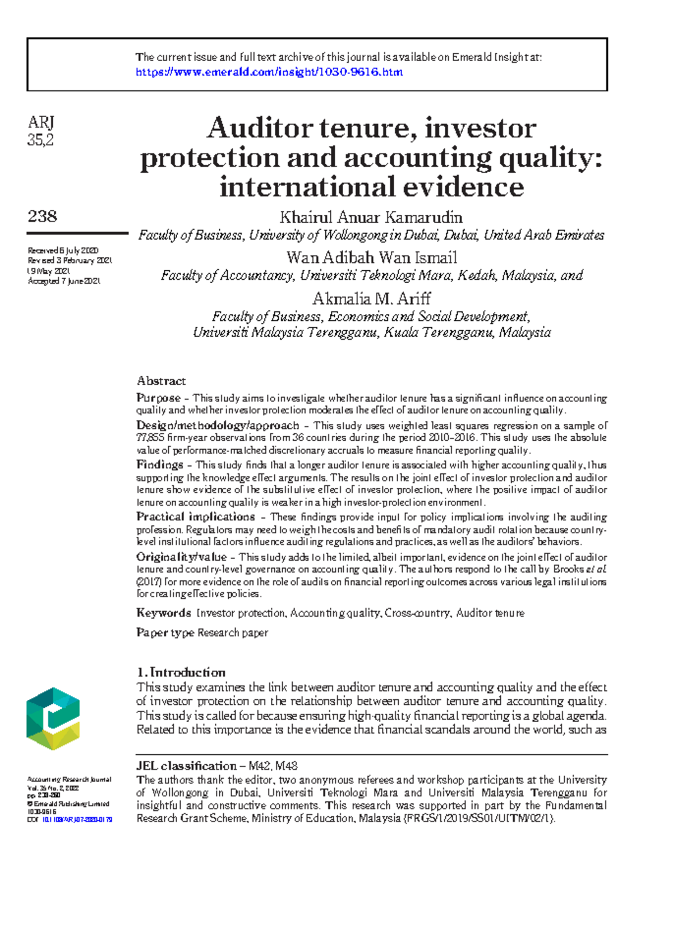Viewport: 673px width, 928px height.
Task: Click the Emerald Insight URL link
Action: click(269, 72)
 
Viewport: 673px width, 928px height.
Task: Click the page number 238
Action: click(42, 216)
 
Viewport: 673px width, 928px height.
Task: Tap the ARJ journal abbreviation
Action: click(40, 122)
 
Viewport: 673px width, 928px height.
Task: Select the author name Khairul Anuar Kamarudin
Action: click(371, 217)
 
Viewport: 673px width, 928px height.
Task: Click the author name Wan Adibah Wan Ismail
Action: click(371, 257)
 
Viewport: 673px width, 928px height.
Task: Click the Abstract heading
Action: click(161, 381)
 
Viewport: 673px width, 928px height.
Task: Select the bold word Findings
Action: click(160, 464)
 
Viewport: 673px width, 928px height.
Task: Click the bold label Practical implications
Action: click(195, 516)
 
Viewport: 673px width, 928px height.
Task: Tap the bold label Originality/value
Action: click(181, 557)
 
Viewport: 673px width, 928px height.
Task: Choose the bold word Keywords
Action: click(164, 612)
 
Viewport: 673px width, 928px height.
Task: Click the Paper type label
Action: click(165, 632)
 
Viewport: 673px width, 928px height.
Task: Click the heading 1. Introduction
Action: click(181, 672)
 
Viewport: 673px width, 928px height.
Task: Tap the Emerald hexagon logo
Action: click(53, 718)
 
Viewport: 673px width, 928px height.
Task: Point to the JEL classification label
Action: click(186, 766)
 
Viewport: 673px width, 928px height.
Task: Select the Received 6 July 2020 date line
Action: click(63, 251)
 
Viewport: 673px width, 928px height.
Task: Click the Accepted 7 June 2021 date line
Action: click(64, 281)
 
